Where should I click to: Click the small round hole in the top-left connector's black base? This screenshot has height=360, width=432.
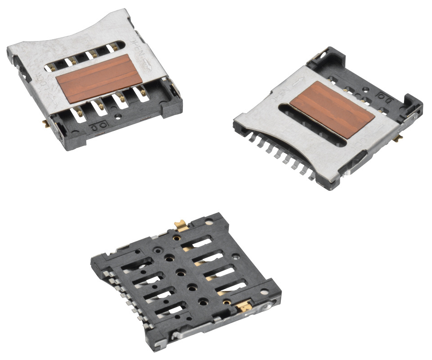coord(118,116)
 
